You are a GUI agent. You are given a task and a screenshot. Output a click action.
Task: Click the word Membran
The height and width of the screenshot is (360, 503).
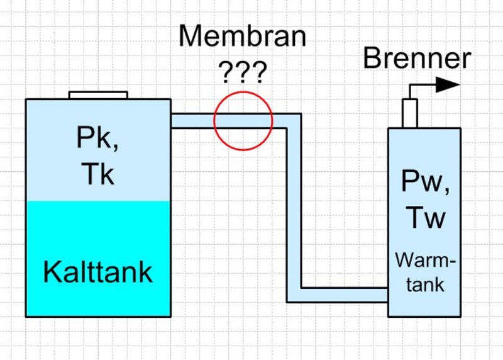[242, 37]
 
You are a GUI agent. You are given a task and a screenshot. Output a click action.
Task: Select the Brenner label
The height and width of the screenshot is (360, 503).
[417, 59]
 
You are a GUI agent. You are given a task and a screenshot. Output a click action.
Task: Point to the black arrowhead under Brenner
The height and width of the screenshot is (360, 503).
[448, 84]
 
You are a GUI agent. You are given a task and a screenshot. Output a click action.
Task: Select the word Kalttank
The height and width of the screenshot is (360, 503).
[97, 273]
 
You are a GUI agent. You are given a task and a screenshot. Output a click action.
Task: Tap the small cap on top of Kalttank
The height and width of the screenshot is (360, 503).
[98, 95]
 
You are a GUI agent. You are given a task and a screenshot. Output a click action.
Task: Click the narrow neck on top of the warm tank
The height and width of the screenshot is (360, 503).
[410, 113]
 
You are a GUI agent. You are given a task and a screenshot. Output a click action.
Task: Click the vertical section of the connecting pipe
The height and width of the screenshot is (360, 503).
[294, 208]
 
